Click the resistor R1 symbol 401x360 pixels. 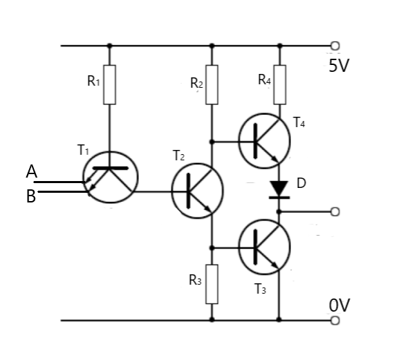(x=109, y=84)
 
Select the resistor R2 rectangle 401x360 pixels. (x=212, y=84)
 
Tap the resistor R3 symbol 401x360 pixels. (x=212, y=283)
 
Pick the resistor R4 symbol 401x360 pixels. (x=279, y=84)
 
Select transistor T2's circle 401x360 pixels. (x=198, y=191)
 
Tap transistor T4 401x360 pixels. (x=265, y=141)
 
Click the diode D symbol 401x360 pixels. (x=279, y=189)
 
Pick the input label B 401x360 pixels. (x=31, y=197)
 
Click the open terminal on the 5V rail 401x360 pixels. (x=335, y=46)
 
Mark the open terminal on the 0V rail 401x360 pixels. (x=335, y=321)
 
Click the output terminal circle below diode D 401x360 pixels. (x=335, y=211)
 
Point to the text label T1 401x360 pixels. (x=84, y=149)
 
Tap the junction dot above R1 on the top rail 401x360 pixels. (x=109, y=46)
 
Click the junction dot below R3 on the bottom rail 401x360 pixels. (x=212, y=321)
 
